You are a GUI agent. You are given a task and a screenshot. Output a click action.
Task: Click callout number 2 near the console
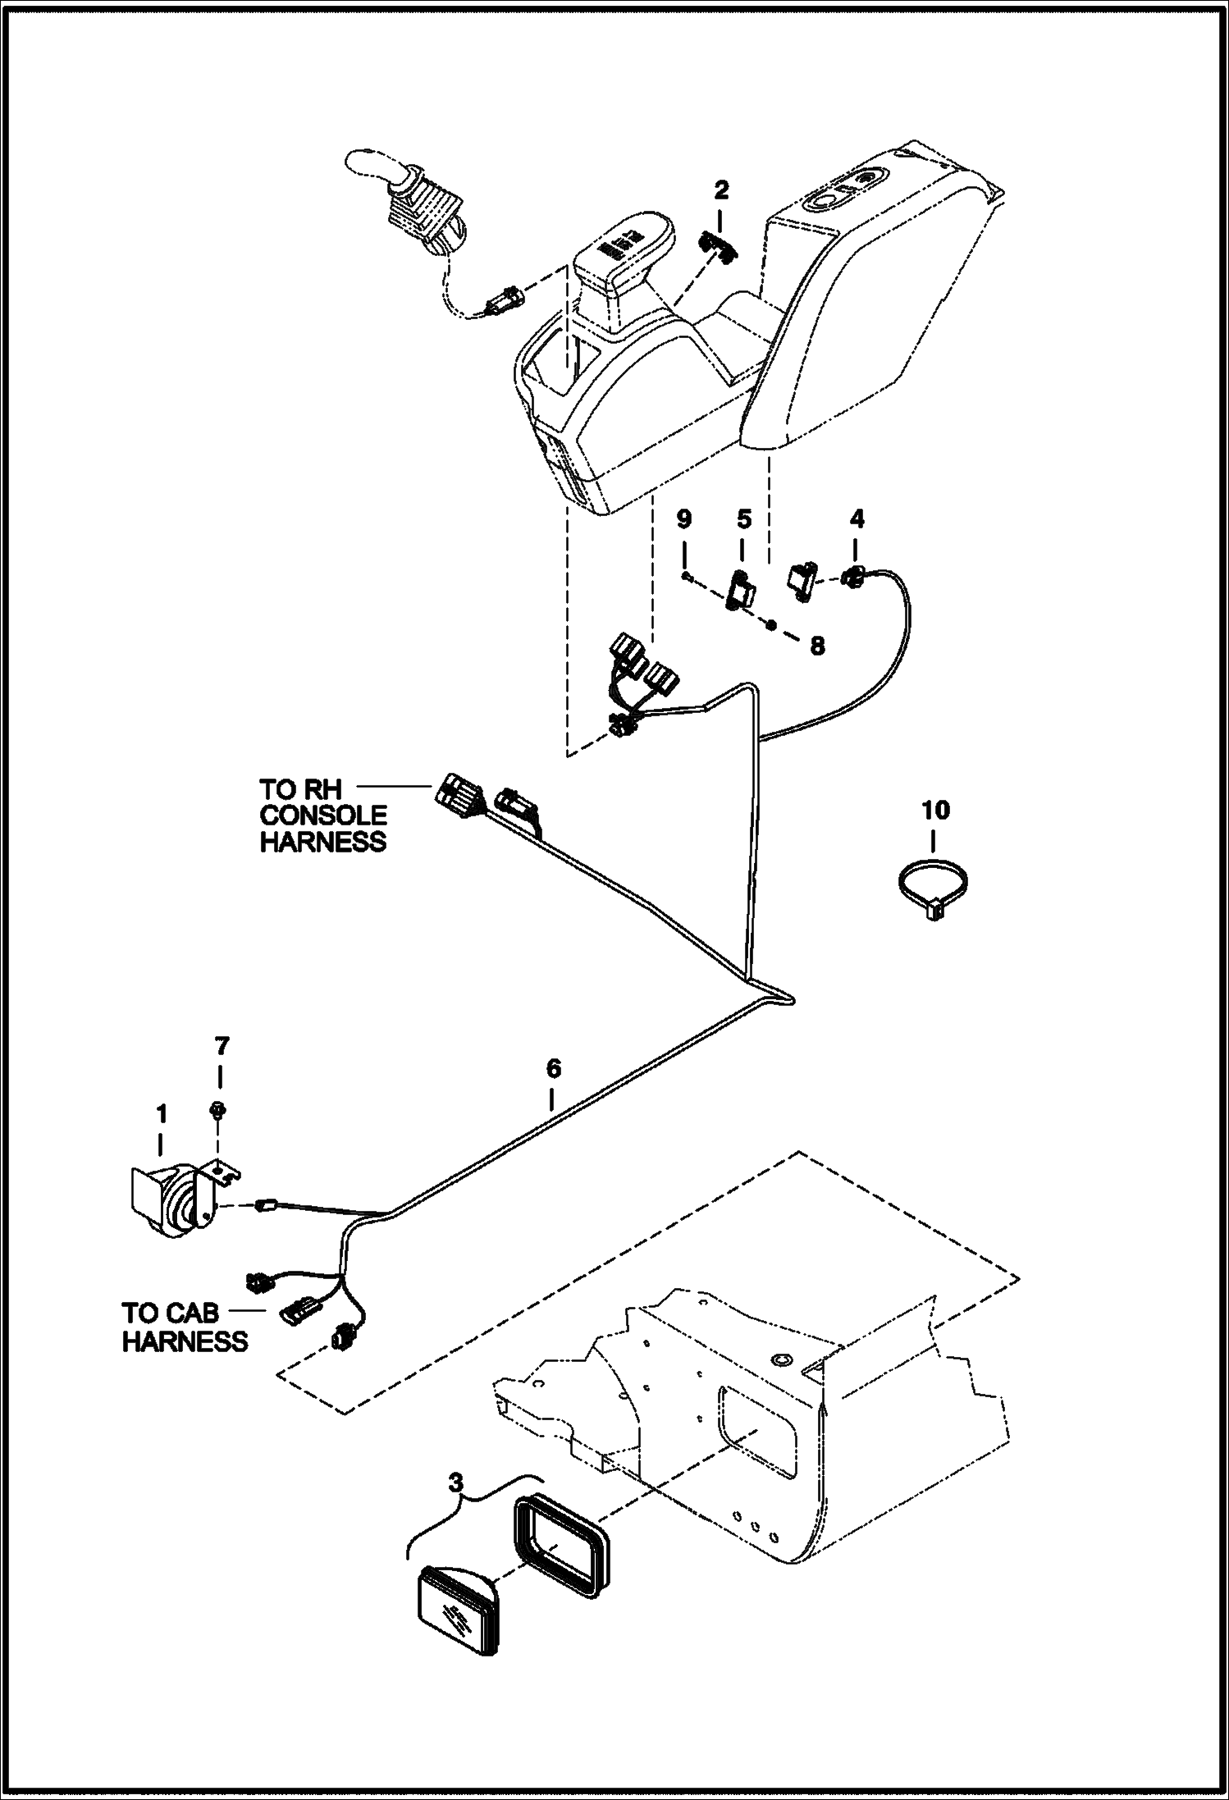point(721,191)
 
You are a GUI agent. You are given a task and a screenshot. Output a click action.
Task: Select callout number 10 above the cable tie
point(935,811)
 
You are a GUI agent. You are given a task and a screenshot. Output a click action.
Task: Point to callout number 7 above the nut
point(222,1046)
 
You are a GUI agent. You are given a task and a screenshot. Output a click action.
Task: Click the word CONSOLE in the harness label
point(323,815)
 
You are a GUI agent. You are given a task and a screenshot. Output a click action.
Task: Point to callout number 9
point(683,519)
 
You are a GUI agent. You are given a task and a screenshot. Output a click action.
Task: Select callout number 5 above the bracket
point(743,519)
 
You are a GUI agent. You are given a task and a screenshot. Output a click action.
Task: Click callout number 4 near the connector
point(857,519)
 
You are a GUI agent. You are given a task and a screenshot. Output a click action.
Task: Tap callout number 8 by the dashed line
point(817,646)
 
